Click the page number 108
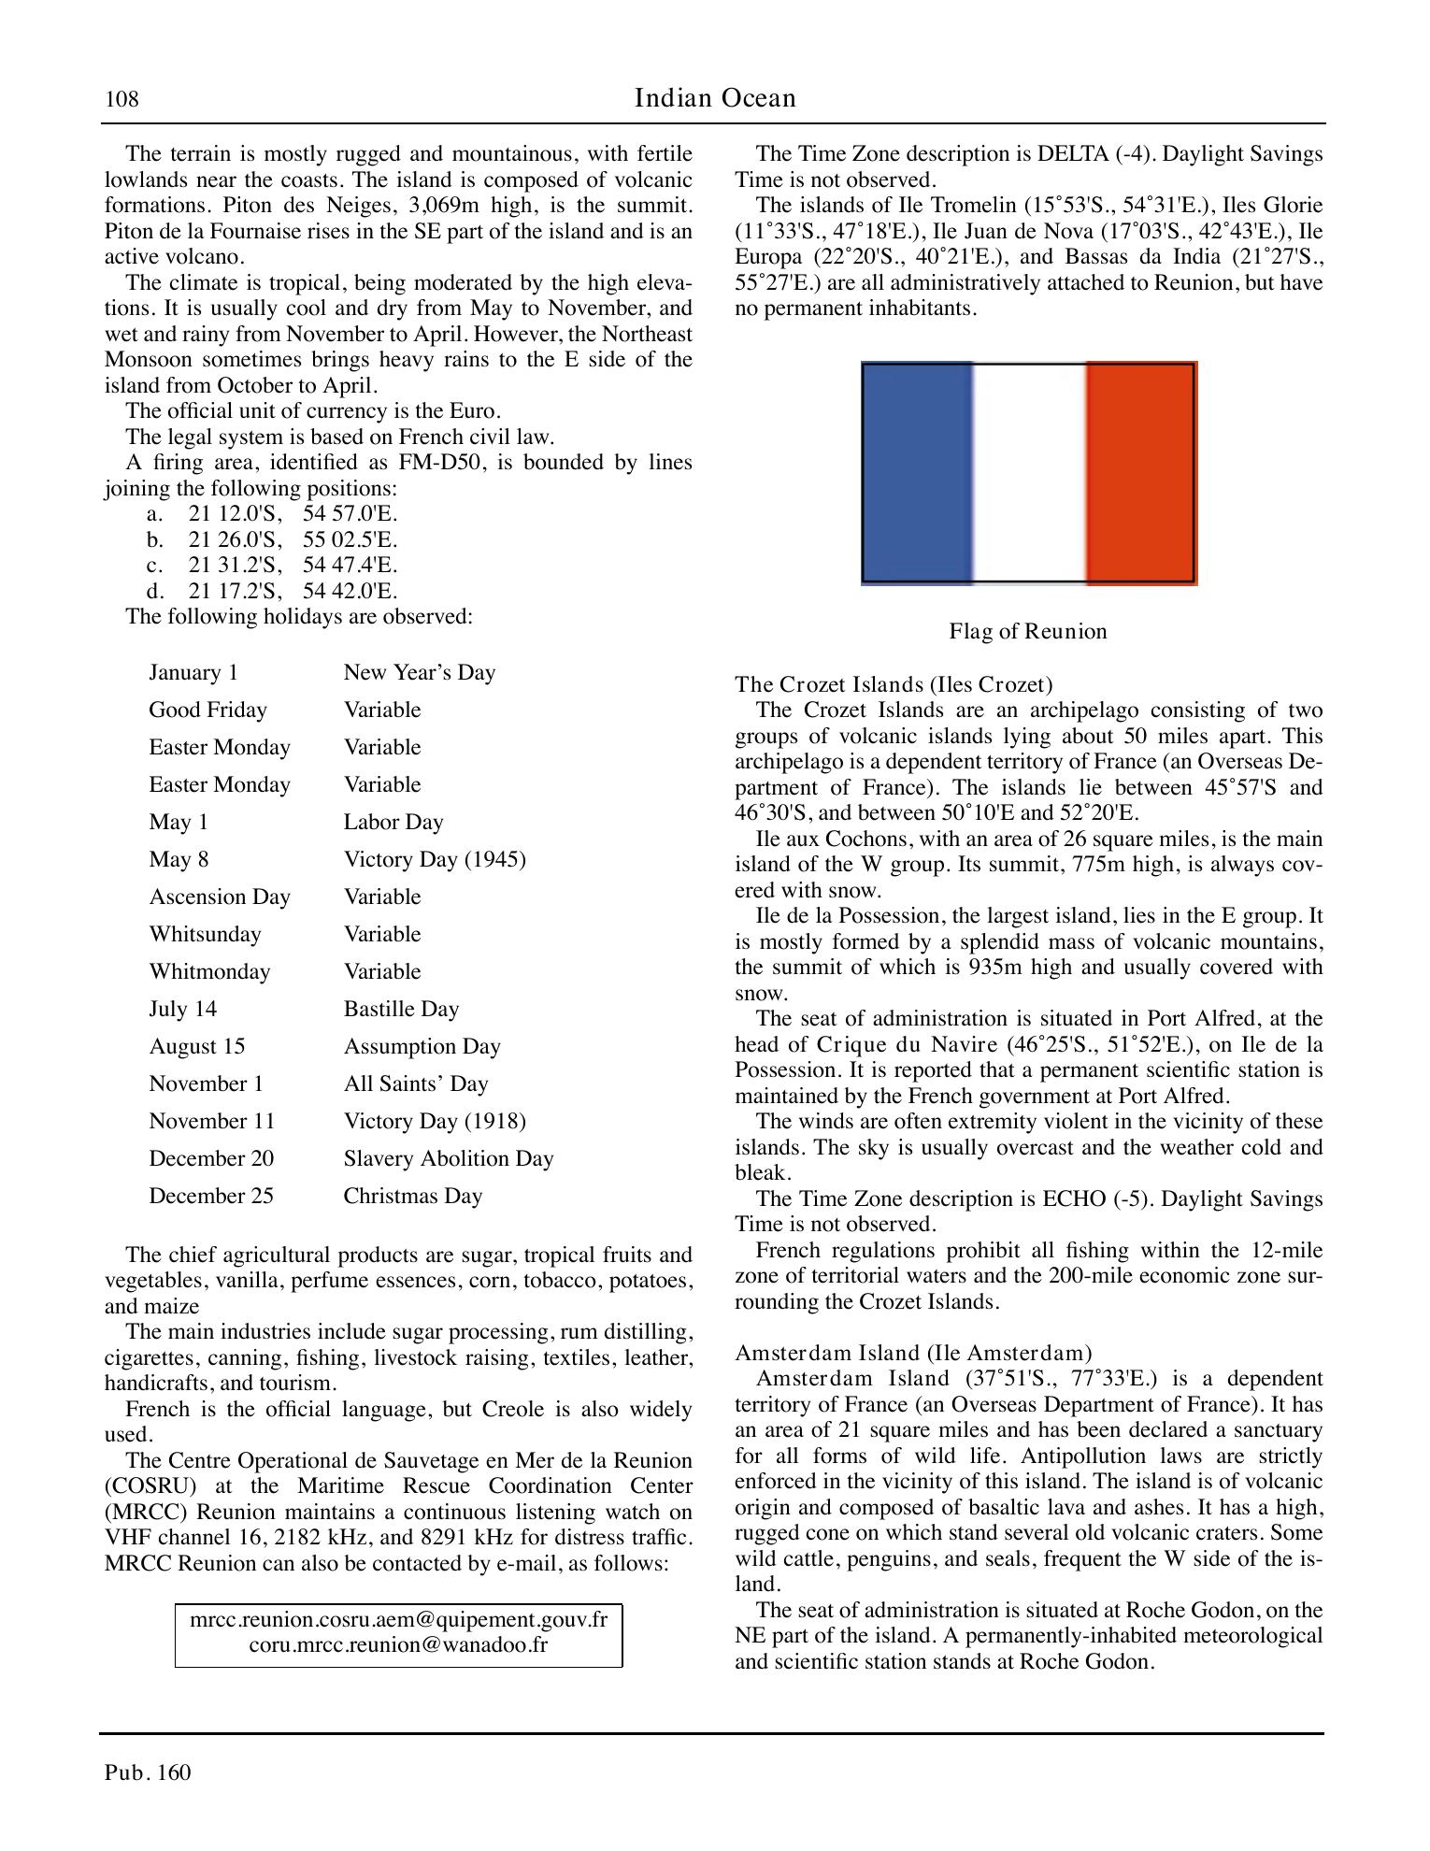click(122, 99)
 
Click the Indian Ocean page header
click(715, 98)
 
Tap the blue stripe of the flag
click(916, 472)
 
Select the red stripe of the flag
click(1140, 472)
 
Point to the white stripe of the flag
click(1029, 472)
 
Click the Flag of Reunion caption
click(1028, 631)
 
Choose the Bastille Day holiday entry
click(401, 1009)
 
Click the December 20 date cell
click(211, 1158)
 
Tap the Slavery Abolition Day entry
click(449, 1158)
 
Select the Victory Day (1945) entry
click(435, 859)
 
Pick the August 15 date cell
click(196, 1046)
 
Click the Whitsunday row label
click(205, 934)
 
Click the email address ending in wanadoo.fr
click(398, 1644)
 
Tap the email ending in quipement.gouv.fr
click(398, 1619)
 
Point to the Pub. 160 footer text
click(148, 1772)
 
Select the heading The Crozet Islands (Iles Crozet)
click(894, 684)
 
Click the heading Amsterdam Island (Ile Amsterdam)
click(913, 1353)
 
